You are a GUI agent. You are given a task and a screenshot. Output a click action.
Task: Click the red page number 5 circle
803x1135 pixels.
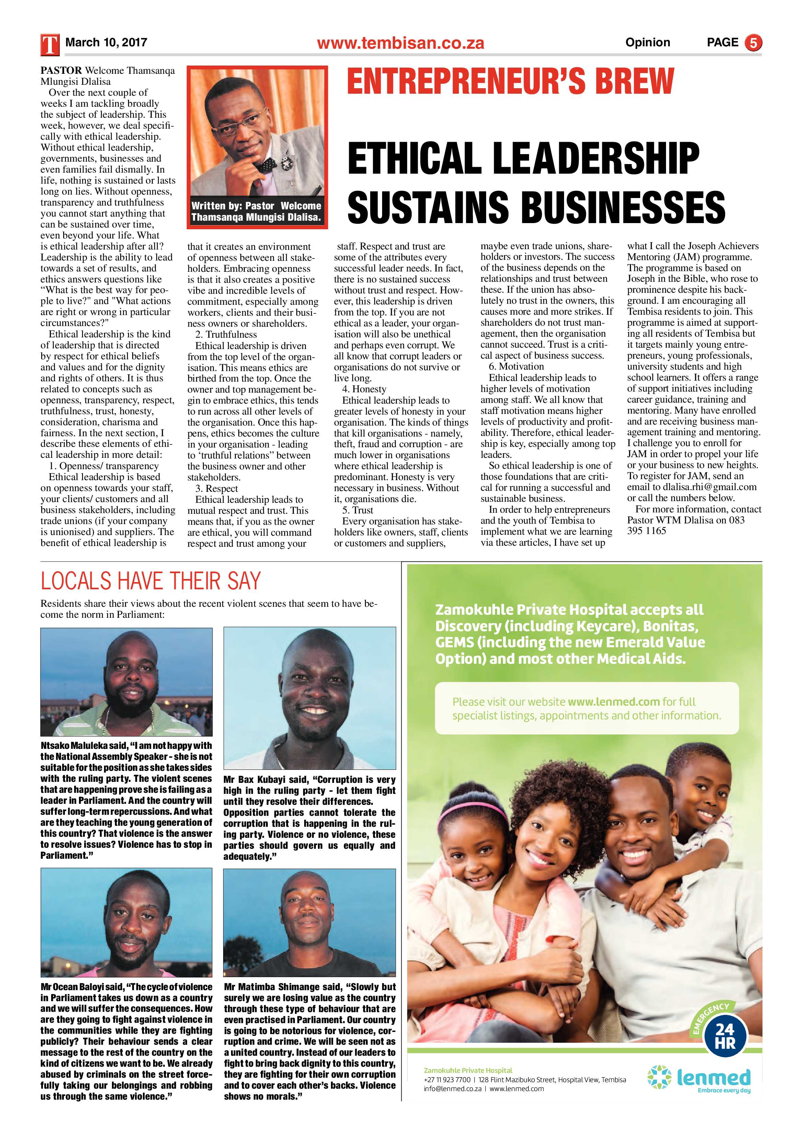(x=753, y=43)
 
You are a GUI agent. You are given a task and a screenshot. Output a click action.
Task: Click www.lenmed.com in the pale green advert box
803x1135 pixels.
(x=613, y=702)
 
